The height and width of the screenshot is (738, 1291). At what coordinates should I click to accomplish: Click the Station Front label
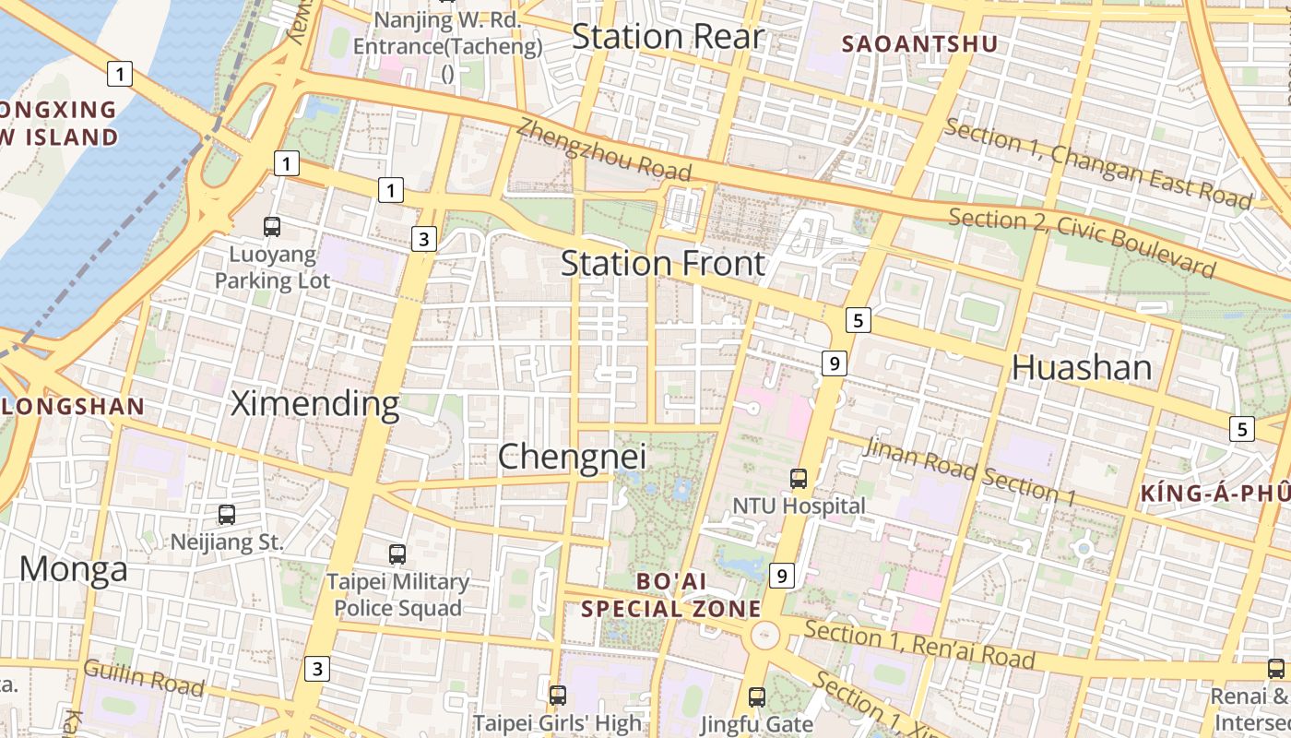coord(663,264)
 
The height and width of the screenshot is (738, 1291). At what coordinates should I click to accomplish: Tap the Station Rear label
coord(668,37)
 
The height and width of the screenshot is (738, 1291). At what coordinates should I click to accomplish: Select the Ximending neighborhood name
coord(314,403)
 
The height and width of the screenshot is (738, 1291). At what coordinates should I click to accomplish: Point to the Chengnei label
coord(572,456)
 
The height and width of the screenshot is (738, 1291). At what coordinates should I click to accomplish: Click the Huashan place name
coord(1082,367)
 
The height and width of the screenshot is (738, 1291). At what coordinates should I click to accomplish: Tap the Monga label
coord(74,569)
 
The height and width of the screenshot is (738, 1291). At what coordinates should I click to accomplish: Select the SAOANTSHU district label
coord(919,43)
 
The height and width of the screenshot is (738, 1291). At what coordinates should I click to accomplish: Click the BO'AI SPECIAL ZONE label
coord(671,595)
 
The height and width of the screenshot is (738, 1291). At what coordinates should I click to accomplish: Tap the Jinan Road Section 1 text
coord(971,471)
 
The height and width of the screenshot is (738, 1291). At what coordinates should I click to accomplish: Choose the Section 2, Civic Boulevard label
coord(1082,243)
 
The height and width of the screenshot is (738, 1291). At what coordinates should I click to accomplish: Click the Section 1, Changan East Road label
coord(1098,164)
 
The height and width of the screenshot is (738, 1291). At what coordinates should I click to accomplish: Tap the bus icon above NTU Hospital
coord(799,479)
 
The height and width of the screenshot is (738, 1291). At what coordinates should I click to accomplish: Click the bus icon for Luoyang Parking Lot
coord(272,226)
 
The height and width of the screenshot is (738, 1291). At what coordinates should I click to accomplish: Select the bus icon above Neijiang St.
coord(227,515)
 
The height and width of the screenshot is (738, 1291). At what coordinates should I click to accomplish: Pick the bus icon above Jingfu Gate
coord(757,696)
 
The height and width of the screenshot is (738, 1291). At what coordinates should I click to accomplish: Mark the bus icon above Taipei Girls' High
coord(557,695)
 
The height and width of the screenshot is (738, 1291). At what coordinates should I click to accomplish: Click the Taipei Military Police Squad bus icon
coord(397,554)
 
